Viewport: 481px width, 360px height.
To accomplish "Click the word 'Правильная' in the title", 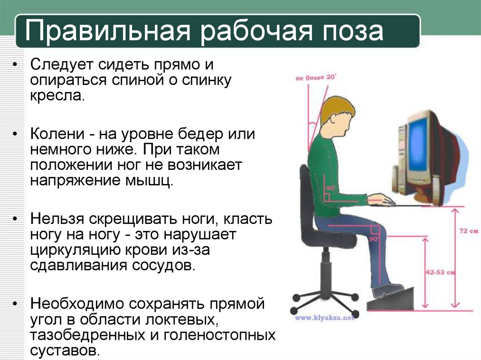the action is pos(108,31).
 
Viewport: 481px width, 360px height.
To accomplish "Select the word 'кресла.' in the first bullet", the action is pos(57,96).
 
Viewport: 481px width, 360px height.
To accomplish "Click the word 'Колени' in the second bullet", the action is pos(57,134).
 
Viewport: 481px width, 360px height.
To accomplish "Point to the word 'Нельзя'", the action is pos(57,219).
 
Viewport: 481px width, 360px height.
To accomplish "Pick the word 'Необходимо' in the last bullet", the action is pos(77,304).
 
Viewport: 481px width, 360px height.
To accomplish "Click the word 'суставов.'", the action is pos(65,350).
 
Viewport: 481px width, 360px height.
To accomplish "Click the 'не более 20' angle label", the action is pos(316,77).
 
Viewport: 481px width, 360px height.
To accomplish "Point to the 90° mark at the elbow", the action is pos(330,188).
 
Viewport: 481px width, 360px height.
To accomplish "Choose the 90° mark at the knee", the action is pos(374,238).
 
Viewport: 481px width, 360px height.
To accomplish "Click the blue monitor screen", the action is pos(419,153).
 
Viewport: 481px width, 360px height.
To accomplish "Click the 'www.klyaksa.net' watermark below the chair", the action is pos(324,318).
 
